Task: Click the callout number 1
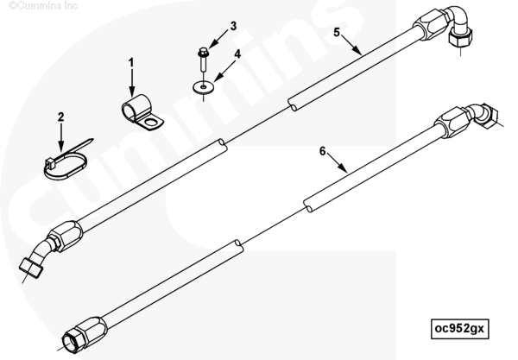tap(131, 62)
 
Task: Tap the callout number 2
tap(61, 117)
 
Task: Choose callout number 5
tap(338, 35)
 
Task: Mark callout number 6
tap(323, 151)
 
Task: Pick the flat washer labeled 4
tap(204, 86)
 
